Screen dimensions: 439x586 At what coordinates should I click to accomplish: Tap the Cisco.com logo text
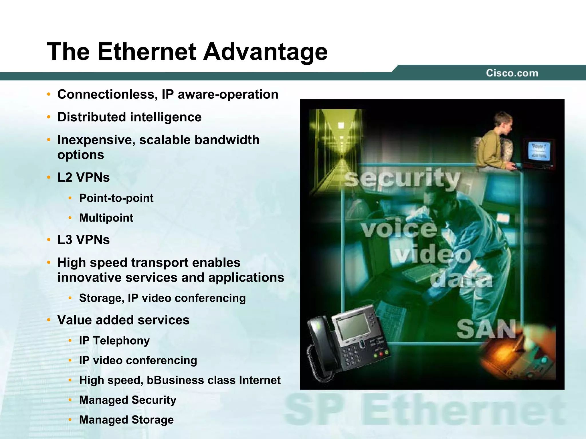tap(512, 73)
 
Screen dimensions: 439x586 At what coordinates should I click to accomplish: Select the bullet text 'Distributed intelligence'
tap(129, 117)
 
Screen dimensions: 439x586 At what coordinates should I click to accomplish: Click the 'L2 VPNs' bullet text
tap(84, 177)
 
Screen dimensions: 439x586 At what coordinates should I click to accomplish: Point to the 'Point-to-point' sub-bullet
tap(116, 198)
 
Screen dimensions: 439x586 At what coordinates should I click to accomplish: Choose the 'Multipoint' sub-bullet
tap(106, 218)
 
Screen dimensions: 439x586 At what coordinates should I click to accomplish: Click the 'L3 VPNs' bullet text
tap(84, 240)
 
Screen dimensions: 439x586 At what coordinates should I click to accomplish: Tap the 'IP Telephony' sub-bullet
tap(114, 341)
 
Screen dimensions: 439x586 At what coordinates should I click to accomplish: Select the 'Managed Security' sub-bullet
tap(128, 400)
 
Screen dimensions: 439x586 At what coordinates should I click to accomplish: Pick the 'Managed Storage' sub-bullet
tap(126, 420)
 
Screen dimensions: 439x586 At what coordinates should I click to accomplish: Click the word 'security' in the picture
tap(402, 179)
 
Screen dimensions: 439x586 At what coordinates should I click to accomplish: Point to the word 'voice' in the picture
tap(399, 229)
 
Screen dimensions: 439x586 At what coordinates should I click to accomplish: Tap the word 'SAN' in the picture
tap(486, 329)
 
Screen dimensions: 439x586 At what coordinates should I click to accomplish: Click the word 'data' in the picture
tap(462, 279)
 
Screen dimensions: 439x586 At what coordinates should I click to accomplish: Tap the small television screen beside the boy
tap(539, 151)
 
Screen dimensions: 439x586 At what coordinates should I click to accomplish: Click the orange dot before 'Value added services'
tap(49, 320)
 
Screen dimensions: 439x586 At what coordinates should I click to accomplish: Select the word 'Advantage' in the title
tap(265, 52)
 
